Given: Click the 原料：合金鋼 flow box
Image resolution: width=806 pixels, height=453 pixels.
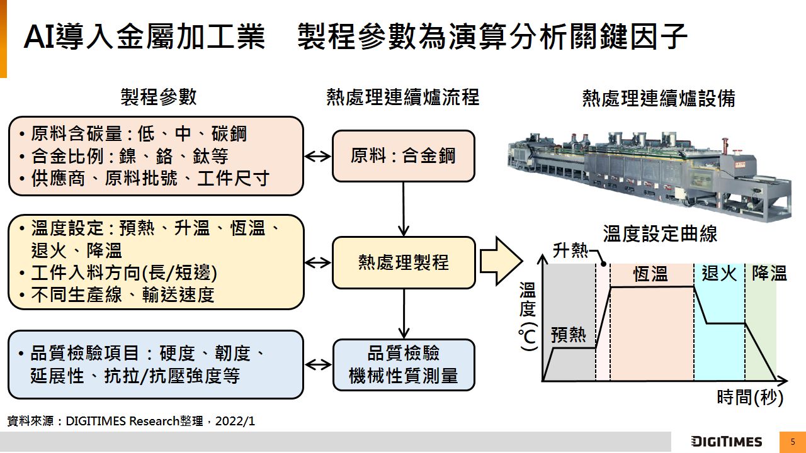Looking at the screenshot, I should point(403,156).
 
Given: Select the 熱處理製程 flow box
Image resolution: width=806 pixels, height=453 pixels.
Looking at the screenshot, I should point(403,262).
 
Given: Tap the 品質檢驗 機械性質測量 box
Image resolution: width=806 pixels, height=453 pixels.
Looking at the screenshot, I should point(403,365).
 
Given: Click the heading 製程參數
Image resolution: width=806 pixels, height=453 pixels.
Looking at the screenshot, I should point(159,97).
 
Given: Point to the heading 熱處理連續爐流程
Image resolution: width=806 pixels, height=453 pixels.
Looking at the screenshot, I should point(403,97).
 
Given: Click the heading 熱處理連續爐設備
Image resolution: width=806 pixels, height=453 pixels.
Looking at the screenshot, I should point(659,99).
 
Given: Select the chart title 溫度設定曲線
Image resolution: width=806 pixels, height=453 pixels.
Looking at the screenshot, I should point(660,234).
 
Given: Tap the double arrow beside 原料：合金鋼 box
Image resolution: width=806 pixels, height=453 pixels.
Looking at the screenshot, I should point(318,156).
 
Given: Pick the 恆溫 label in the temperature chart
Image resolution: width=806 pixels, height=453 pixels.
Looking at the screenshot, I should point(650,274).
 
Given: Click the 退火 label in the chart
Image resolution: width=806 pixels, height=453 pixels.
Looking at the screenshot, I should point(718,273).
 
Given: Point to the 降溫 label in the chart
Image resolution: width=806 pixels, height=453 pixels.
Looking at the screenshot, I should point(769,273).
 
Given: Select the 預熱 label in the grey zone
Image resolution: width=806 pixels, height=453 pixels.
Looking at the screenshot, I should point(568,335).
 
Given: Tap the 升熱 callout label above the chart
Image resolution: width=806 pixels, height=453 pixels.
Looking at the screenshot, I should point(570,251).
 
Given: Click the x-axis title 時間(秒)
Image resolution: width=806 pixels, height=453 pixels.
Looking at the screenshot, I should point(750,398).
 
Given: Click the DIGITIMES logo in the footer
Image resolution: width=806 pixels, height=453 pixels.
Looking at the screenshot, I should point(726,442).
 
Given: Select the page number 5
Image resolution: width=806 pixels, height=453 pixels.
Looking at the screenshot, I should point(793,442).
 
